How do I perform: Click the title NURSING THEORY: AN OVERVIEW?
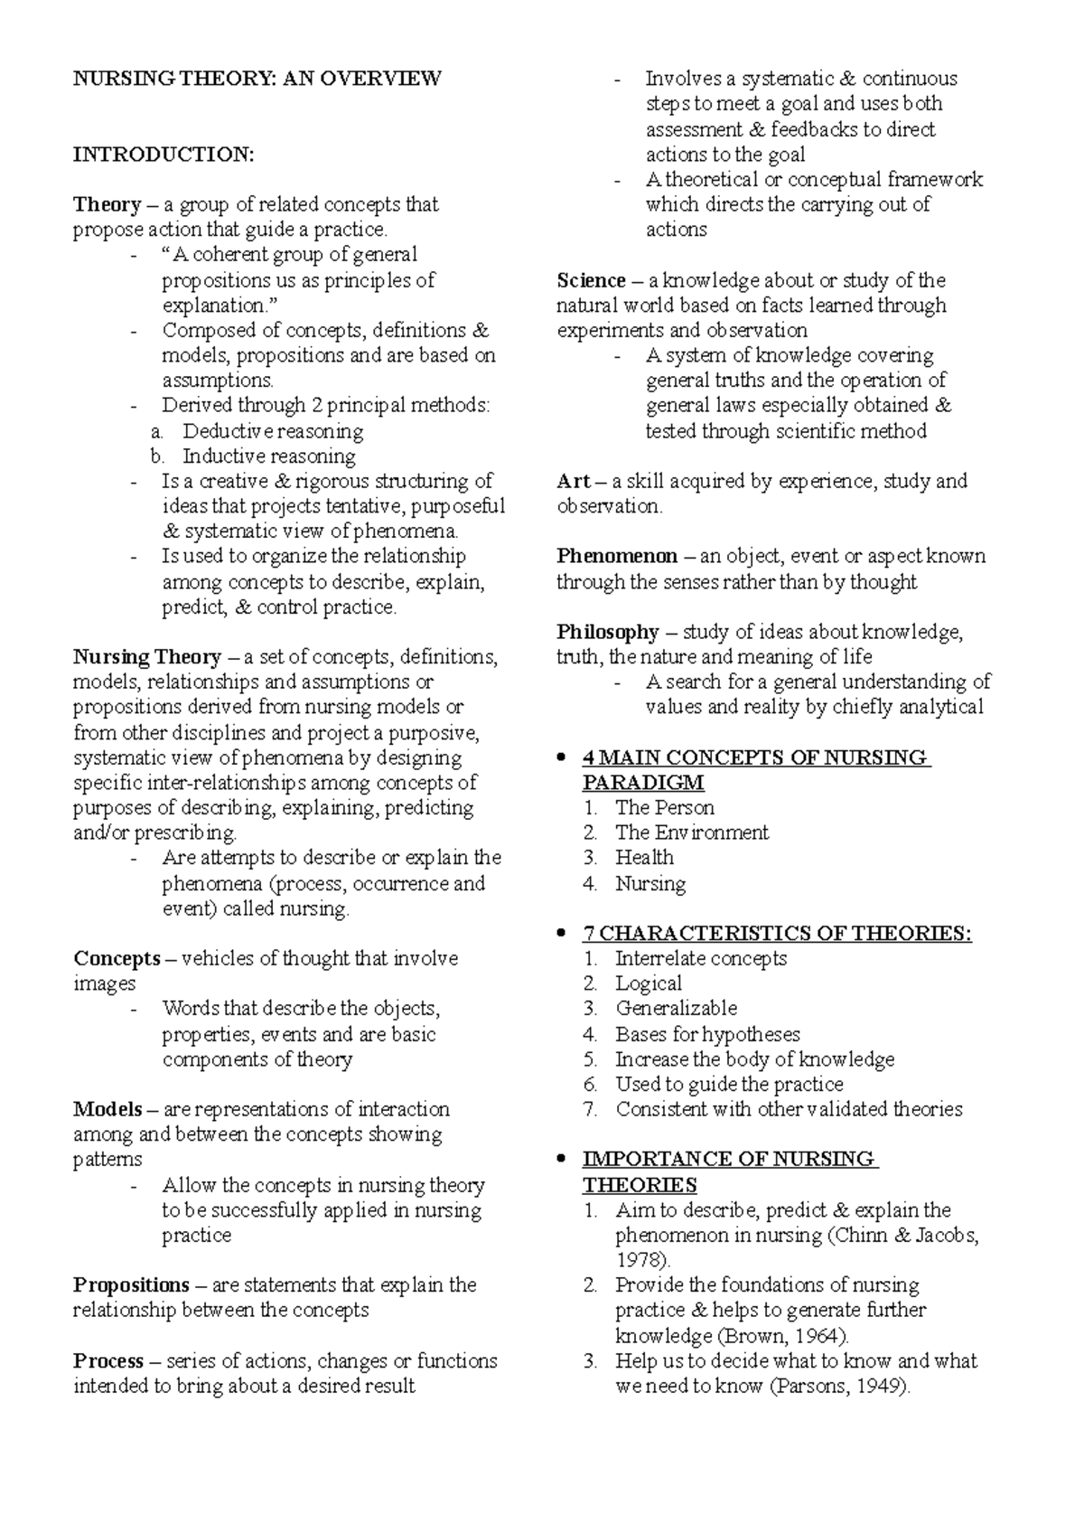pos(257,79)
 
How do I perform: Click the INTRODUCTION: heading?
pos(164,155)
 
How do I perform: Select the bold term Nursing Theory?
pos(147,656)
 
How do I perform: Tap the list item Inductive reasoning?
pos(269,456)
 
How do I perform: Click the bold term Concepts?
pos(117,958)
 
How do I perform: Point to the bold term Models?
pos(107,1109)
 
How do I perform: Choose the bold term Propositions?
pos(131,1285)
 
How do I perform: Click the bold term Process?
pos(108,1360)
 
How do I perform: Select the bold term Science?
pos(591,280)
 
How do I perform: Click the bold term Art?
pos(573,481)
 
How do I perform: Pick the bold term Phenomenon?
pos(616,556)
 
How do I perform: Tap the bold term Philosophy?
pos(607,632)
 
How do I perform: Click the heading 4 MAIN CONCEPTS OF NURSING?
pos(755,757)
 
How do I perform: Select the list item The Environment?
pos(692,832)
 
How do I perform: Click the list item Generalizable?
pos(677,1008)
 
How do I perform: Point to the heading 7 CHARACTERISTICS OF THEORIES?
pos(778,933)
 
